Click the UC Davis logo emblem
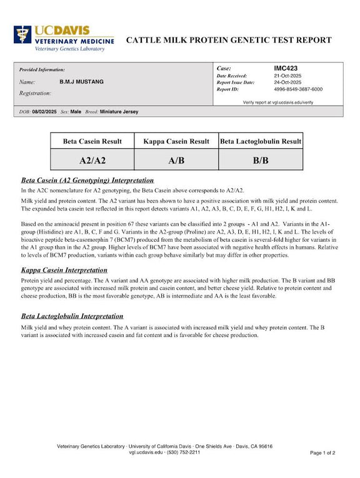[23, 37]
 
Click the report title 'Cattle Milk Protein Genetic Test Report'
[229, 40]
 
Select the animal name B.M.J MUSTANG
[81, 82]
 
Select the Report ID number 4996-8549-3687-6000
[298, 89]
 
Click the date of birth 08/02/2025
[44, 112]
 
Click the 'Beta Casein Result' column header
[92, 141]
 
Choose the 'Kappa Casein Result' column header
[176, 141]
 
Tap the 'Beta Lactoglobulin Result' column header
[261, 141]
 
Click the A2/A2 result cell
[92, 160]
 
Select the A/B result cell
[176, 160]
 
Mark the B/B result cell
[261, 160]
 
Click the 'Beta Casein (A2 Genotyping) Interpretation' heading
[87, 180]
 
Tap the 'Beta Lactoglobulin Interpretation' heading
[72, 316]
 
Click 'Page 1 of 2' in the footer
[322, 452]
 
